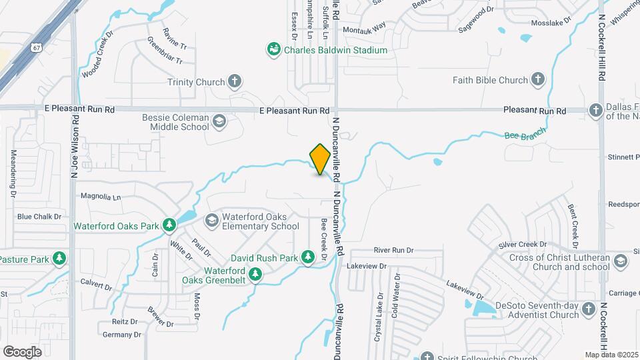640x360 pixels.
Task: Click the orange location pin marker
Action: pyautogui.click(x=321, y=159)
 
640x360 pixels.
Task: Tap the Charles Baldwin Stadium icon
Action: pyautogui.click(x=273, y=49)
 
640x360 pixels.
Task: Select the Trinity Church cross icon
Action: pyautogui.click(x=234, y=82)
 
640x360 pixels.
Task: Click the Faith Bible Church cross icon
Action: pyautogui.click(x=537, y=80)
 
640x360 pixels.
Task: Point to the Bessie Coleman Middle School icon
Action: pyautogui.click(x=219, y=121)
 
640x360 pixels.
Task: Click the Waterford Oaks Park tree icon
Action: pyautogui.click(x=169, y=226)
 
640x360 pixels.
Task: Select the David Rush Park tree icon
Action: pyautogui.click(x=307, y=257)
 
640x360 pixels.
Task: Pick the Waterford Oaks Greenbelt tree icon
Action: pyautogui.click(x=255, y=274)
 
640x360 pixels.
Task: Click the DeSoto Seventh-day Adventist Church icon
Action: pyautogui.click(x=588, y=310)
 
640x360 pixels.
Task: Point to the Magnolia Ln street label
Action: pyautogui.click(x=100, y=197)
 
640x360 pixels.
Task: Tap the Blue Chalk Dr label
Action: pyautogui.click(x=39, y=217)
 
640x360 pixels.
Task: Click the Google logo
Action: pyautogui.click(x=22, y=351)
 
